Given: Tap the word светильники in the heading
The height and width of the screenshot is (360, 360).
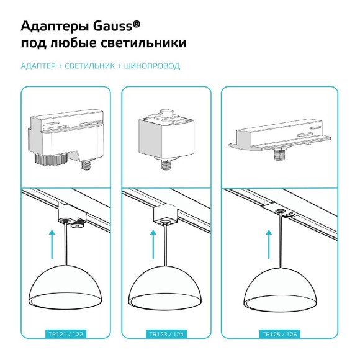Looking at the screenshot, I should point(146,45).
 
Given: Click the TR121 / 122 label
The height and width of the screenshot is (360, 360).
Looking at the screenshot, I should point(66,334).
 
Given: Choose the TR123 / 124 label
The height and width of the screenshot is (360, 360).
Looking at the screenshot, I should point(166,334).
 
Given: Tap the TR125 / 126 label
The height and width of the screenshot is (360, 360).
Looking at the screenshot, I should point(279,334).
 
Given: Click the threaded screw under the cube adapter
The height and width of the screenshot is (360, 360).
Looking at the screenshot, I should point(166,165).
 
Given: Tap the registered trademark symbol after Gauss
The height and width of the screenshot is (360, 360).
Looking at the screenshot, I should point(136,22).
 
